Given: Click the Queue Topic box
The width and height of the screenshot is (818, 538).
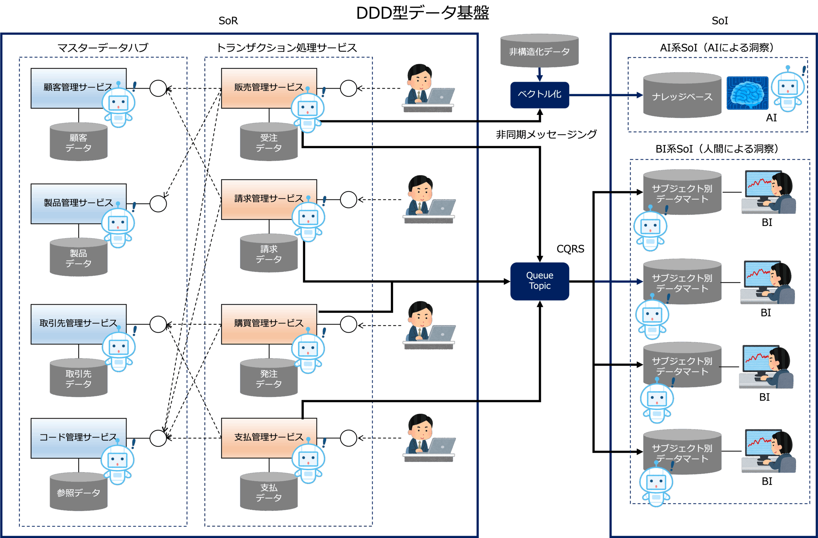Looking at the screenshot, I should click(539, 281).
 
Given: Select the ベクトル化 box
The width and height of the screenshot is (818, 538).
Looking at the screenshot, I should click(539, 95).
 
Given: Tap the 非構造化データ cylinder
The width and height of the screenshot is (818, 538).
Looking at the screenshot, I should click(539, 51).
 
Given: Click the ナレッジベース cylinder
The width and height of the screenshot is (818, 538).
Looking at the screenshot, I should click(682, 96).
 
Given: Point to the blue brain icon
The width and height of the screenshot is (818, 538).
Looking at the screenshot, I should click(747, 93).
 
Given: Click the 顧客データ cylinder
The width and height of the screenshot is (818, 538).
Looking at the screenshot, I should click(78, 142).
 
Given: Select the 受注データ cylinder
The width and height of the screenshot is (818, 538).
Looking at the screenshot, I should click(268, 142).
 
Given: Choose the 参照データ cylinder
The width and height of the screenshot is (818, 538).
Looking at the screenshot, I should click(78, 492).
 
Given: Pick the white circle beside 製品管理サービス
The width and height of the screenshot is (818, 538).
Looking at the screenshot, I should click(158, 204).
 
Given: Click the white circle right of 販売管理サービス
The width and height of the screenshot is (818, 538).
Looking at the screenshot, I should click(349, 88).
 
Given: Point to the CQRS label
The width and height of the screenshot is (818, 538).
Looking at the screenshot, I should click(570, 249).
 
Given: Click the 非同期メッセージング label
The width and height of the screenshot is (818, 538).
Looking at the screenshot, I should click(546, 134).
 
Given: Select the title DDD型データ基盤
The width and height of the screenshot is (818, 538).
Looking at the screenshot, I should click(422, 13).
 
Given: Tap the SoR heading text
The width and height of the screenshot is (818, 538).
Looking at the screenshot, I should click(228, 21).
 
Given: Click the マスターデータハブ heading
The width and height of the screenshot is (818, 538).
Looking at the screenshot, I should click(103, 47).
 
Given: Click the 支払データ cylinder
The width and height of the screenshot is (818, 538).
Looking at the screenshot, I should click(268, 492).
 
